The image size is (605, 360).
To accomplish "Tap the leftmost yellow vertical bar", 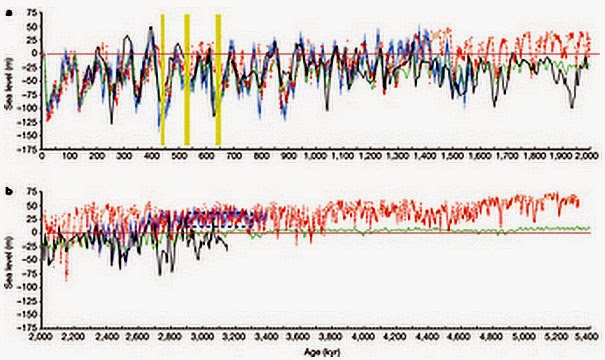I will [163, 80].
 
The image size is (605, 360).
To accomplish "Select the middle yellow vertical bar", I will [186, 80].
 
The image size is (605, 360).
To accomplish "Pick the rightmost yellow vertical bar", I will [218, 80].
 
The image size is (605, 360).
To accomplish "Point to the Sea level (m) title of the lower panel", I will [7, 260].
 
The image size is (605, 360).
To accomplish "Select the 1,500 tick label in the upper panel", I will [451, 157].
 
